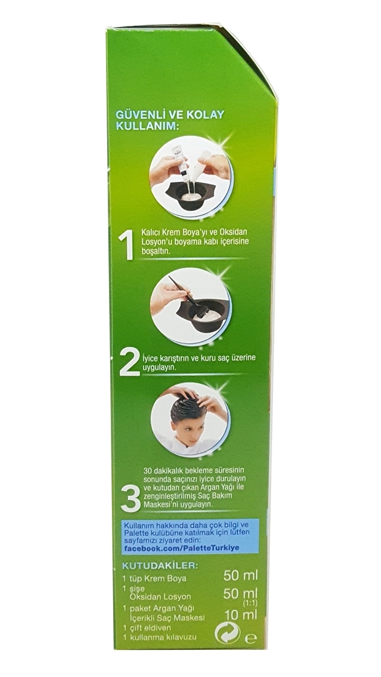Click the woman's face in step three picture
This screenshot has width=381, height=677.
(x=178, y=427)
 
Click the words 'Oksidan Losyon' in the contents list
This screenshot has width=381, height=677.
(x=161, y=597)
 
